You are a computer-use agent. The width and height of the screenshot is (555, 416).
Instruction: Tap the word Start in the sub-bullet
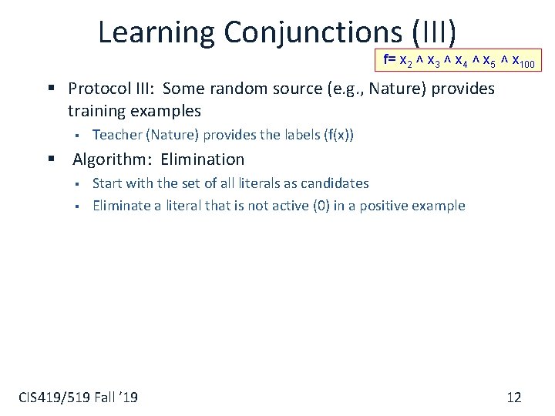(106, 183)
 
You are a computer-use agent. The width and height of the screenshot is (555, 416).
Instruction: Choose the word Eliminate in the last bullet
(119, 206)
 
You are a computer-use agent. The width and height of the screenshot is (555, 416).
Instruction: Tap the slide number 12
(514, 398)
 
